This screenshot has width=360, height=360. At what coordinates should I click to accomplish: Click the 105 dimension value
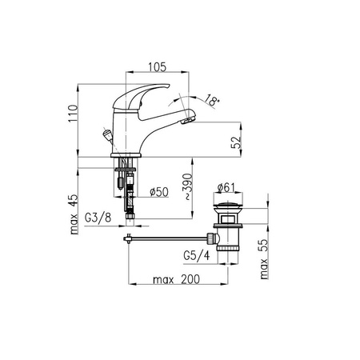pos(157,67)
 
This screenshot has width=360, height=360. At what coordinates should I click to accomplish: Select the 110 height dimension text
pos(73,114)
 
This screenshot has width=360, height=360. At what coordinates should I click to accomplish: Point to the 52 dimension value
pos(236,142)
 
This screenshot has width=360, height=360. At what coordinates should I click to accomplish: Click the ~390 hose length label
pos(187,186)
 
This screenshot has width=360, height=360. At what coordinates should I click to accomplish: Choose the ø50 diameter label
pos(159,192)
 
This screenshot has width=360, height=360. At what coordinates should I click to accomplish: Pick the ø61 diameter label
pos(226,187)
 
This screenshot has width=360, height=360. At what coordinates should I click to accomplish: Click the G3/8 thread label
pos(98,218)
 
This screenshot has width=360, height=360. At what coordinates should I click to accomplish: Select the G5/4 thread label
pos(197,255)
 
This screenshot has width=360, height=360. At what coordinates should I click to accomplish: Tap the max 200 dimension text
pos(176,279)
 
